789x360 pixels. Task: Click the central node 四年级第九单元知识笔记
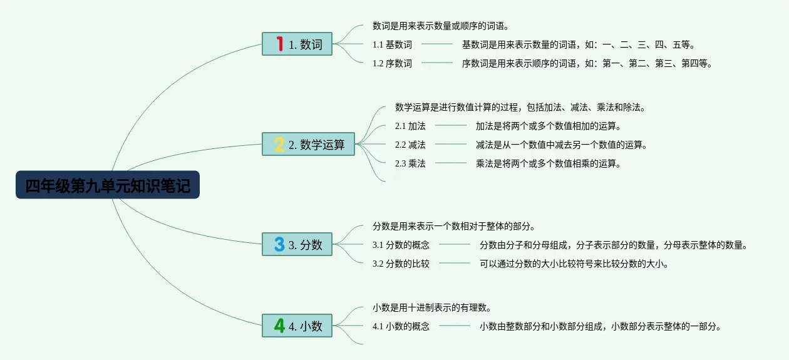108,185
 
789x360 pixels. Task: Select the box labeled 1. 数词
297,44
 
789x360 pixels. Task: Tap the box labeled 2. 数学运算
308,144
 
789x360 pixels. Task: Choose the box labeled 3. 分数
297,244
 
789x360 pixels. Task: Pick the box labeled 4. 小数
297,326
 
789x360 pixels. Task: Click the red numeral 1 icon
279,44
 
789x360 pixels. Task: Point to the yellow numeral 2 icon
279,144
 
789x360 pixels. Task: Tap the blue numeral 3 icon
279,244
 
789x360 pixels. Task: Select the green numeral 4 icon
279,326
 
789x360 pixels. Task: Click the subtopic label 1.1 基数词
392,44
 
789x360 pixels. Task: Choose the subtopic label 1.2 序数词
392,63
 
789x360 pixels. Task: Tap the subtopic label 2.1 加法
410,126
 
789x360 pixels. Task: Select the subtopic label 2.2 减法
410,145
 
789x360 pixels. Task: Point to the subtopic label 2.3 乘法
410,163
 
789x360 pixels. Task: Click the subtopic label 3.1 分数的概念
401,245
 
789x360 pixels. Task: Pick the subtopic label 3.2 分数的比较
401,264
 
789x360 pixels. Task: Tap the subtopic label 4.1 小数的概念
401,326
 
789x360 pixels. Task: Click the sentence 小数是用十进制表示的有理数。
431,307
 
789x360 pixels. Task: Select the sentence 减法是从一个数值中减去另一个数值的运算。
561,145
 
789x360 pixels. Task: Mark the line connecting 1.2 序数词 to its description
437,63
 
